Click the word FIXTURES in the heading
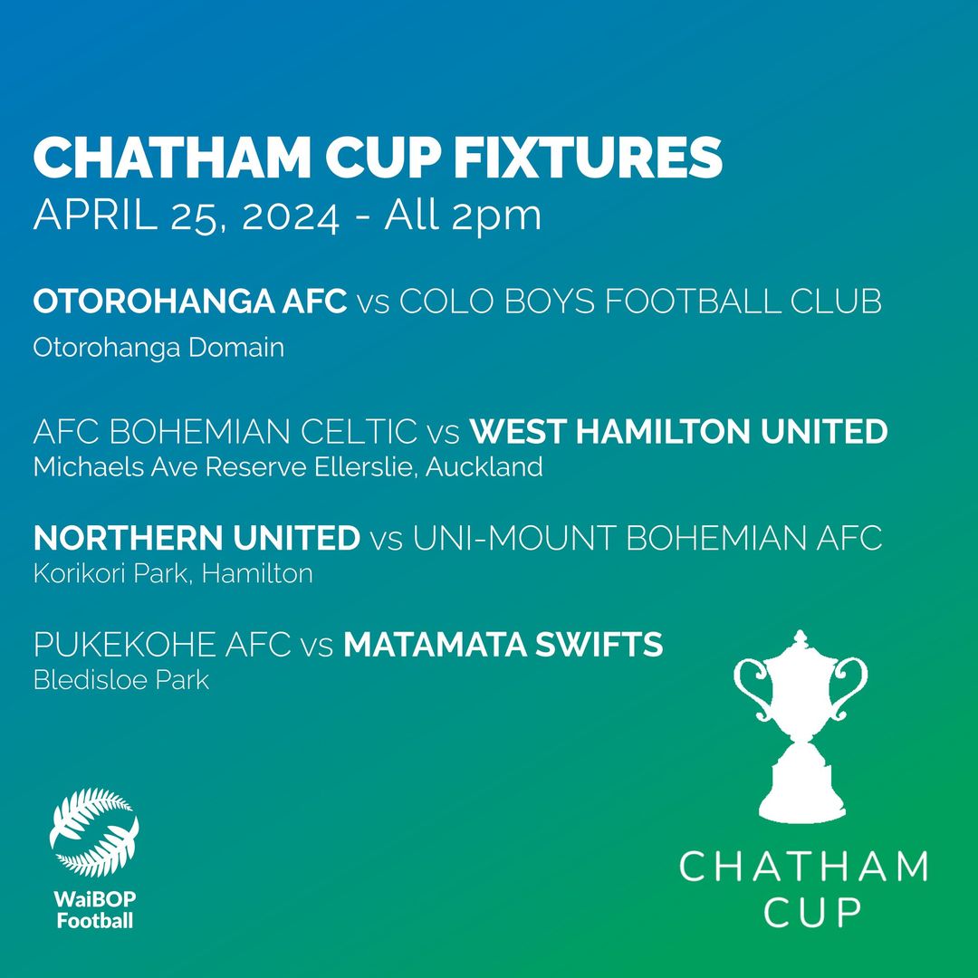coord(588,158)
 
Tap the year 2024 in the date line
coord(291,216)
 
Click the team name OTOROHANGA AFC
coord(189,301)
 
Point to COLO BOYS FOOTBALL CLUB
coord(640,301)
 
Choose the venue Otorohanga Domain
coord(158,348)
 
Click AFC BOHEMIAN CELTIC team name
coord(225,431)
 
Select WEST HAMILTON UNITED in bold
coord(678,431)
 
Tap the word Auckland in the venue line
coord(484,466)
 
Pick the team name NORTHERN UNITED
coord(197,538)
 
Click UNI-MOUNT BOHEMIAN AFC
coord(647,538)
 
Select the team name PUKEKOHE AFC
coord(162,645)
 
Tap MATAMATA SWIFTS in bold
coord(503,645)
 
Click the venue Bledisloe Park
coord(121,680)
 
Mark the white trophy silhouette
coord(801,726)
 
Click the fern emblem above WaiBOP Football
coord(94,833)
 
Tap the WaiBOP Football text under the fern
coord(95,910)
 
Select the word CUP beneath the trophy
coord(811,913)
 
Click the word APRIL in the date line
coord(95,216)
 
